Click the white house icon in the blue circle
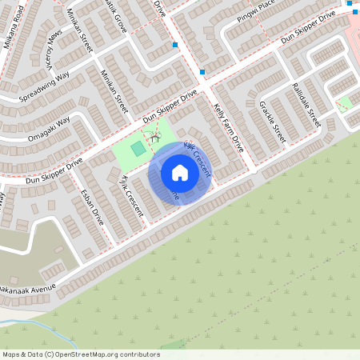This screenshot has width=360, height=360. pyautogui.click(x=180, y=173)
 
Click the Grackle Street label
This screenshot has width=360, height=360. pyautogui.click(x=272, y=122)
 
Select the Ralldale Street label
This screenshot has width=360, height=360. pyautogui.click(x=306, y=105)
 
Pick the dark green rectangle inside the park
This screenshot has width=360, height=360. pyautogui.click(x=138, y=150)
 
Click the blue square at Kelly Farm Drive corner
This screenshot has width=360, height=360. pyautogui.click(x=203, y=72)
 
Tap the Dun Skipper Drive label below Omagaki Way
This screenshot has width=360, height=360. pyautogui.click(x=54, y=170)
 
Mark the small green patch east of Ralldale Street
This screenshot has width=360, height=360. pyautogui.click(x=346, y=102)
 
